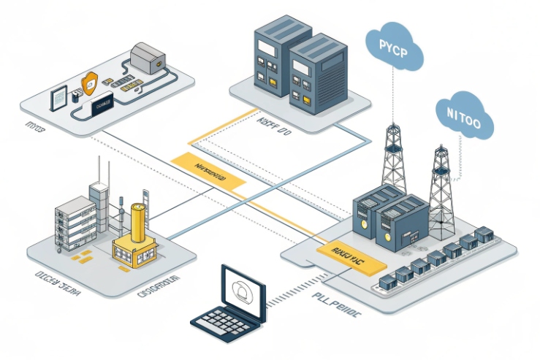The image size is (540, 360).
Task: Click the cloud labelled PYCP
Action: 395,45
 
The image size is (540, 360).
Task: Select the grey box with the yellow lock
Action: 148,56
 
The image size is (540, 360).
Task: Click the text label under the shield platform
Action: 34,127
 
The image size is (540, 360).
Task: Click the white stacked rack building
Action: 77,221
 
